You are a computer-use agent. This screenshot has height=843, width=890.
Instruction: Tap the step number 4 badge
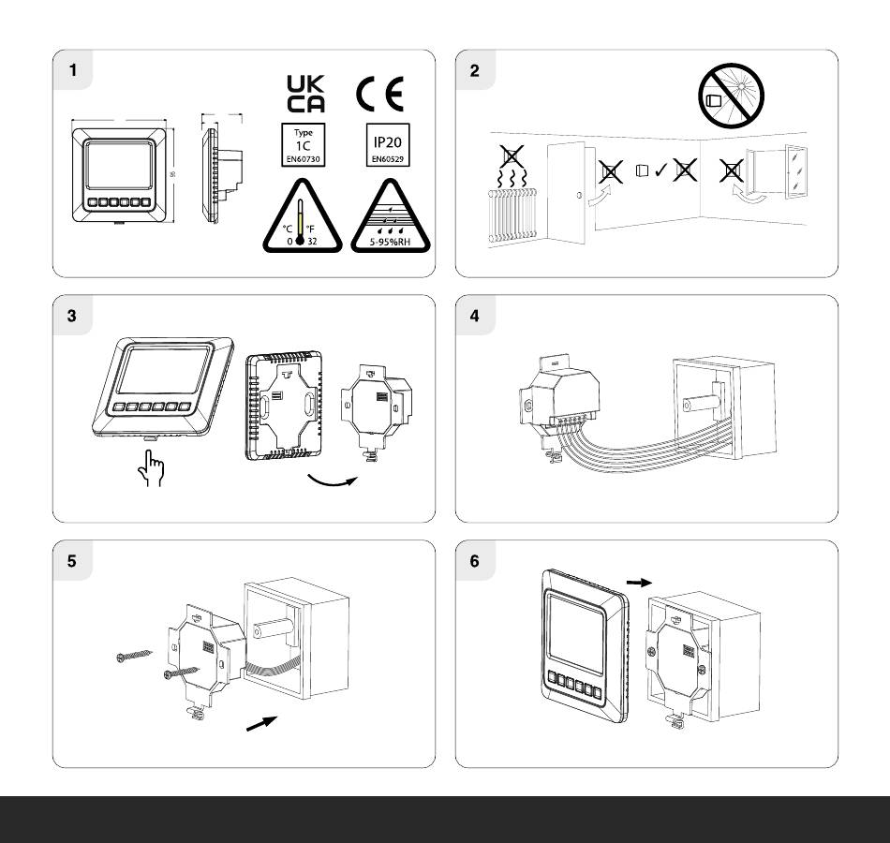tap(474, 316)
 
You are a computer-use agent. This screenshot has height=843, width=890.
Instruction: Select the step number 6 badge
tap(474, 561)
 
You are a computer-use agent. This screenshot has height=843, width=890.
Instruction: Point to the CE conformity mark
tap(379, 94)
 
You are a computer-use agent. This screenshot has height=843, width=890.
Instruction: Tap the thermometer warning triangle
tap(298, 218)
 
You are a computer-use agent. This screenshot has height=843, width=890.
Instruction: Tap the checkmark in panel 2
tap(660, 170)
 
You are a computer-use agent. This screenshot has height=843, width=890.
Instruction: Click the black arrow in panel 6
tap(636, 582)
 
